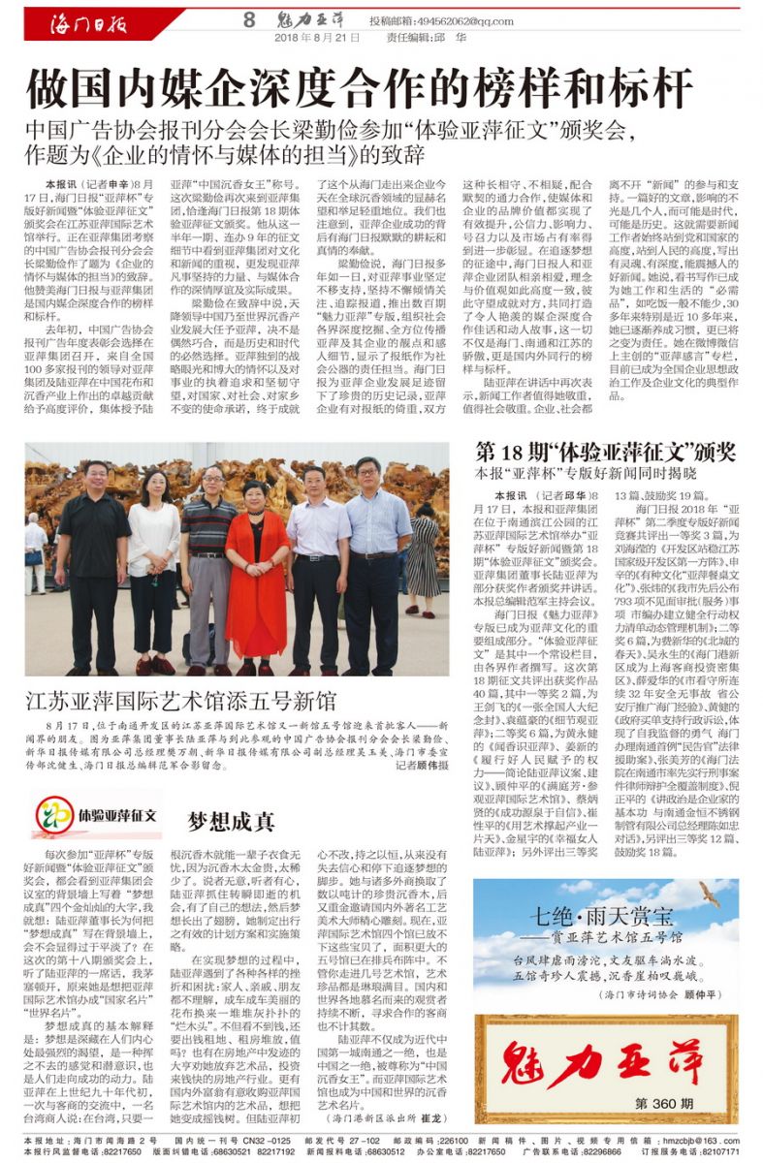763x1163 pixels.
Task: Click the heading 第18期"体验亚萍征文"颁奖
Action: coord(605,453)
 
